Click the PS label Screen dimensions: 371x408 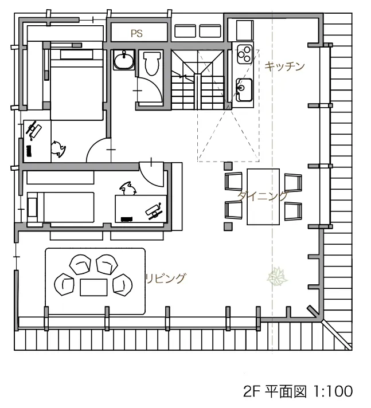tap(136, 33)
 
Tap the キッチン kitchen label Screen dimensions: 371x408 tap(284, 66)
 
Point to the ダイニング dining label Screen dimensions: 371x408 tap(263, 196)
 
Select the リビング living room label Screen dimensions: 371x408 tap(166, 278)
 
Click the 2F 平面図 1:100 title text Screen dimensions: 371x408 tap(298, 391)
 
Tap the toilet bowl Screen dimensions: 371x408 tap(152, 62)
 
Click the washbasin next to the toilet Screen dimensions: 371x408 tap(124, 60)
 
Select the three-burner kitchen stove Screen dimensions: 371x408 tap(245, 54)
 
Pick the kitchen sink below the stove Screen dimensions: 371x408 tap(244, 90)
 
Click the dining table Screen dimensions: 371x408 tap(263, 197)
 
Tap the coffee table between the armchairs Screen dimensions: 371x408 tap(93, 287)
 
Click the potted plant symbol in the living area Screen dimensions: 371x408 tap(278, 277)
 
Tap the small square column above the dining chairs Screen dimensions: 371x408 tap(228, 166)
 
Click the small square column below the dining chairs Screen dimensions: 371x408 tap(228, 226)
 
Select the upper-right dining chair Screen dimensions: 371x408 tap(293, 183)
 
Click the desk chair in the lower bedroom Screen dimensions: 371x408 tap(128, 188)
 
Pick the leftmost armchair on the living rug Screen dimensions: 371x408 tap(64, 284)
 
